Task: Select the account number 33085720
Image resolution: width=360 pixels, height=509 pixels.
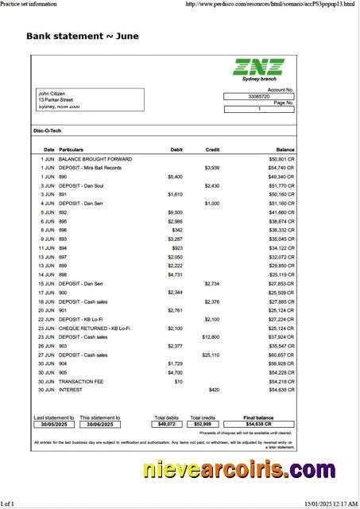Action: point(259,96)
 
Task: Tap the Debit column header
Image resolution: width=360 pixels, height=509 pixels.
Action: point(176,150)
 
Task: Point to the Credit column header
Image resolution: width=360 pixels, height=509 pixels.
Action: point(212,150)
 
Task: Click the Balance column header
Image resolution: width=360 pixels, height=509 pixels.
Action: point(285,150)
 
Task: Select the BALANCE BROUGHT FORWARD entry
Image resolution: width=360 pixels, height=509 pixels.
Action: point(95,159)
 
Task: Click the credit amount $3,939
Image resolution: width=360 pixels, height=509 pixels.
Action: point(211,168)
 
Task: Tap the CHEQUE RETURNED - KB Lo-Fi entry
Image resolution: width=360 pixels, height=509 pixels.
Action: point(95,328)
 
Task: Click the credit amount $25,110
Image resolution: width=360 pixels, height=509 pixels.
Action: point(211,355)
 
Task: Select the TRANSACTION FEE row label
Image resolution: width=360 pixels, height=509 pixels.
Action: point(82,381)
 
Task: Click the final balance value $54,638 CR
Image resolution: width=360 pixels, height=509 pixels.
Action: point(259,425)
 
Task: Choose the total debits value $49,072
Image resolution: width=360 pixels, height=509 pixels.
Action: point(167,425)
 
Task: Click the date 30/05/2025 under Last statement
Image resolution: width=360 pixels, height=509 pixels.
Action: point(54,425)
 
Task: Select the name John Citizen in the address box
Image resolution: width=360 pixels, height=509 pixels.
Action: point(52,93)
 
